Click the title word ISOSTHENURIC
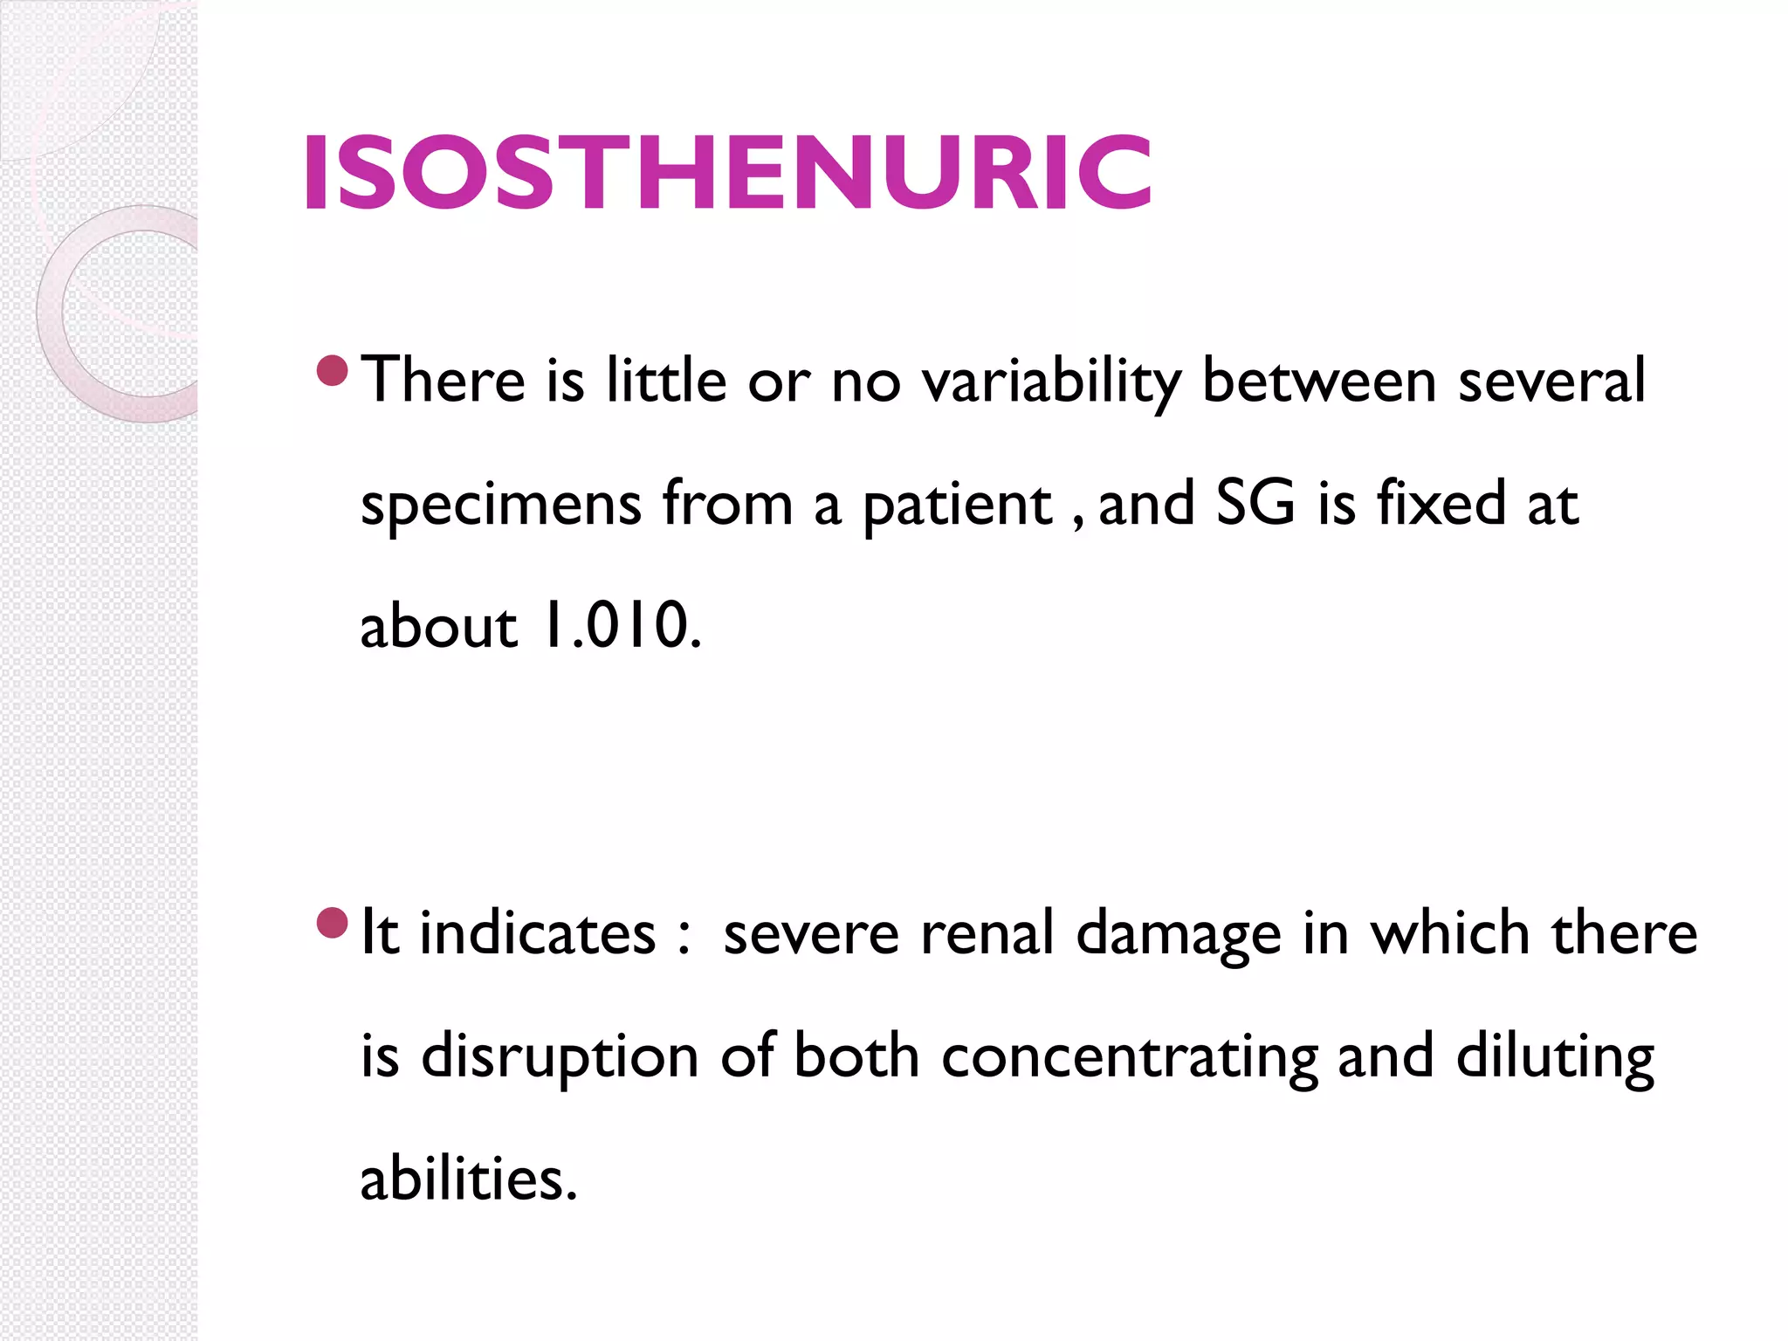[x=726, y=173]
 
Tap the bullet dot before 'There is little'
[x=333, y=371]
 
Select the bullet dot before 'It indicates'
[x=333, y=923]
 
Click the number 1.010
[x=622, y=626]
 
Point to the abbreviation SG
[x=1255, y=504]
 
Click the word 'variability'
[x=1051, y=382]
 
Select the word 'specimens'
[x=501, y=505]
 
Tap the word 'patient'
[x=958, y=505]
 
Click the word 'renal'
[x=987, y=933]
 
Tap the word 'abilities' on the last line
[x=468, y=1179]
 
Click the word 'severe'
[x=810, y=933]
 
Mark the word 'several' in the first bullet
[x=1551, y=382]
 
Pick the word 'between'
[x=1318, y=382]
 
